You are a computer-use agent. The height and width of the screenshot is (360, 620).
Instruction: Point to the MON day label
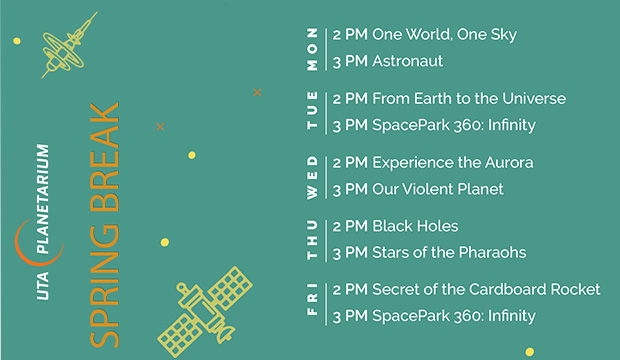[x=313, y=48]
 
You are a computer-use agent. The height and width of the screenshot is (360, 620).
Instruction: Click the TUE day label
[x=313, y=112]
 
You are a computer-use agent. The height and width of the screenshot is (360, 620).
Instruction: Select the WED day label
[x=313, y=175]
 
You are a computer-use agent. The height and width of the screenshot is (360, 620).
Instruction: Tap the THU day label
[x=313, y=239]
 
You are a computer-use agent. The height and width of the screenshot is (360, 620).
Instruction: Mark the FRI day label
[x=313, y=303]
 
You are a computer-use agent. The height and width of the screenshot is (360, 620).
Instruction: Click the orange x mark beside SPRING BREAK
[x=161, y=127]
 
